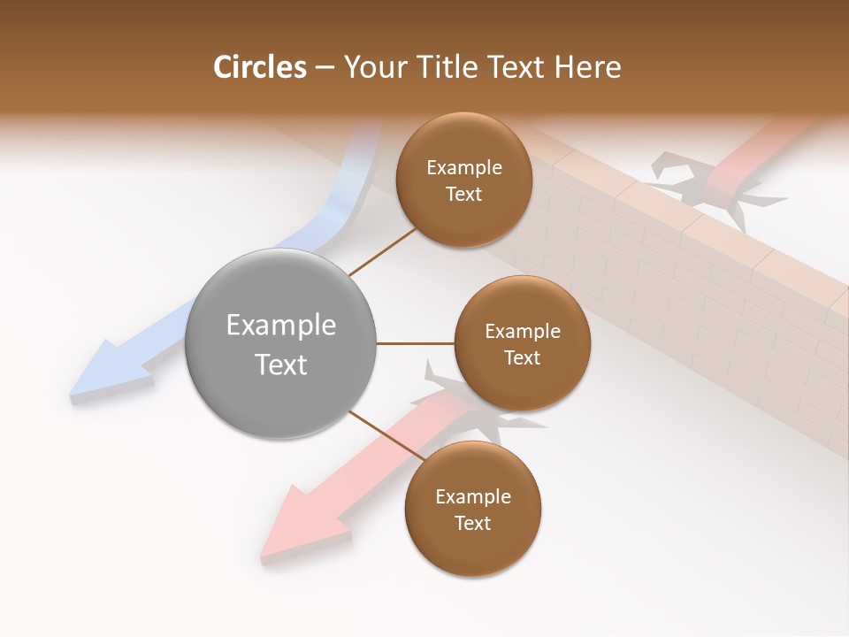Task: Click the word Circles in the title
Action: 259,67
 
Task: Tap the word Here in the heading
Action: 587,67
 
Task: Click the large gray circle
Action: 281,344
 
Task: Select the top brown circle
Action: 464,180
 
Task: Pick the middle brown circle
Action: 522,343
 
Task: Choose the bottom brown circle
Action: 472,510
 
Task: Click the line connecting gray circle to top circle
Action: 382,253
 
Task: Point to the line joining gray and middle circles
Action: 416,343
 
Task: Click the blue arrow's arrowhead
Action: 106,372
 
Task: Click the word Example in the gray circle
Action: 281,326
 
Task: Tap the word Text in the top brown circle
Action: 464,194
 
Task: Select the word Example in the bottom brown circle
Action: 472,496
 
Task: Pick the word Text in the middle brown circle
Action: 522,357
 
